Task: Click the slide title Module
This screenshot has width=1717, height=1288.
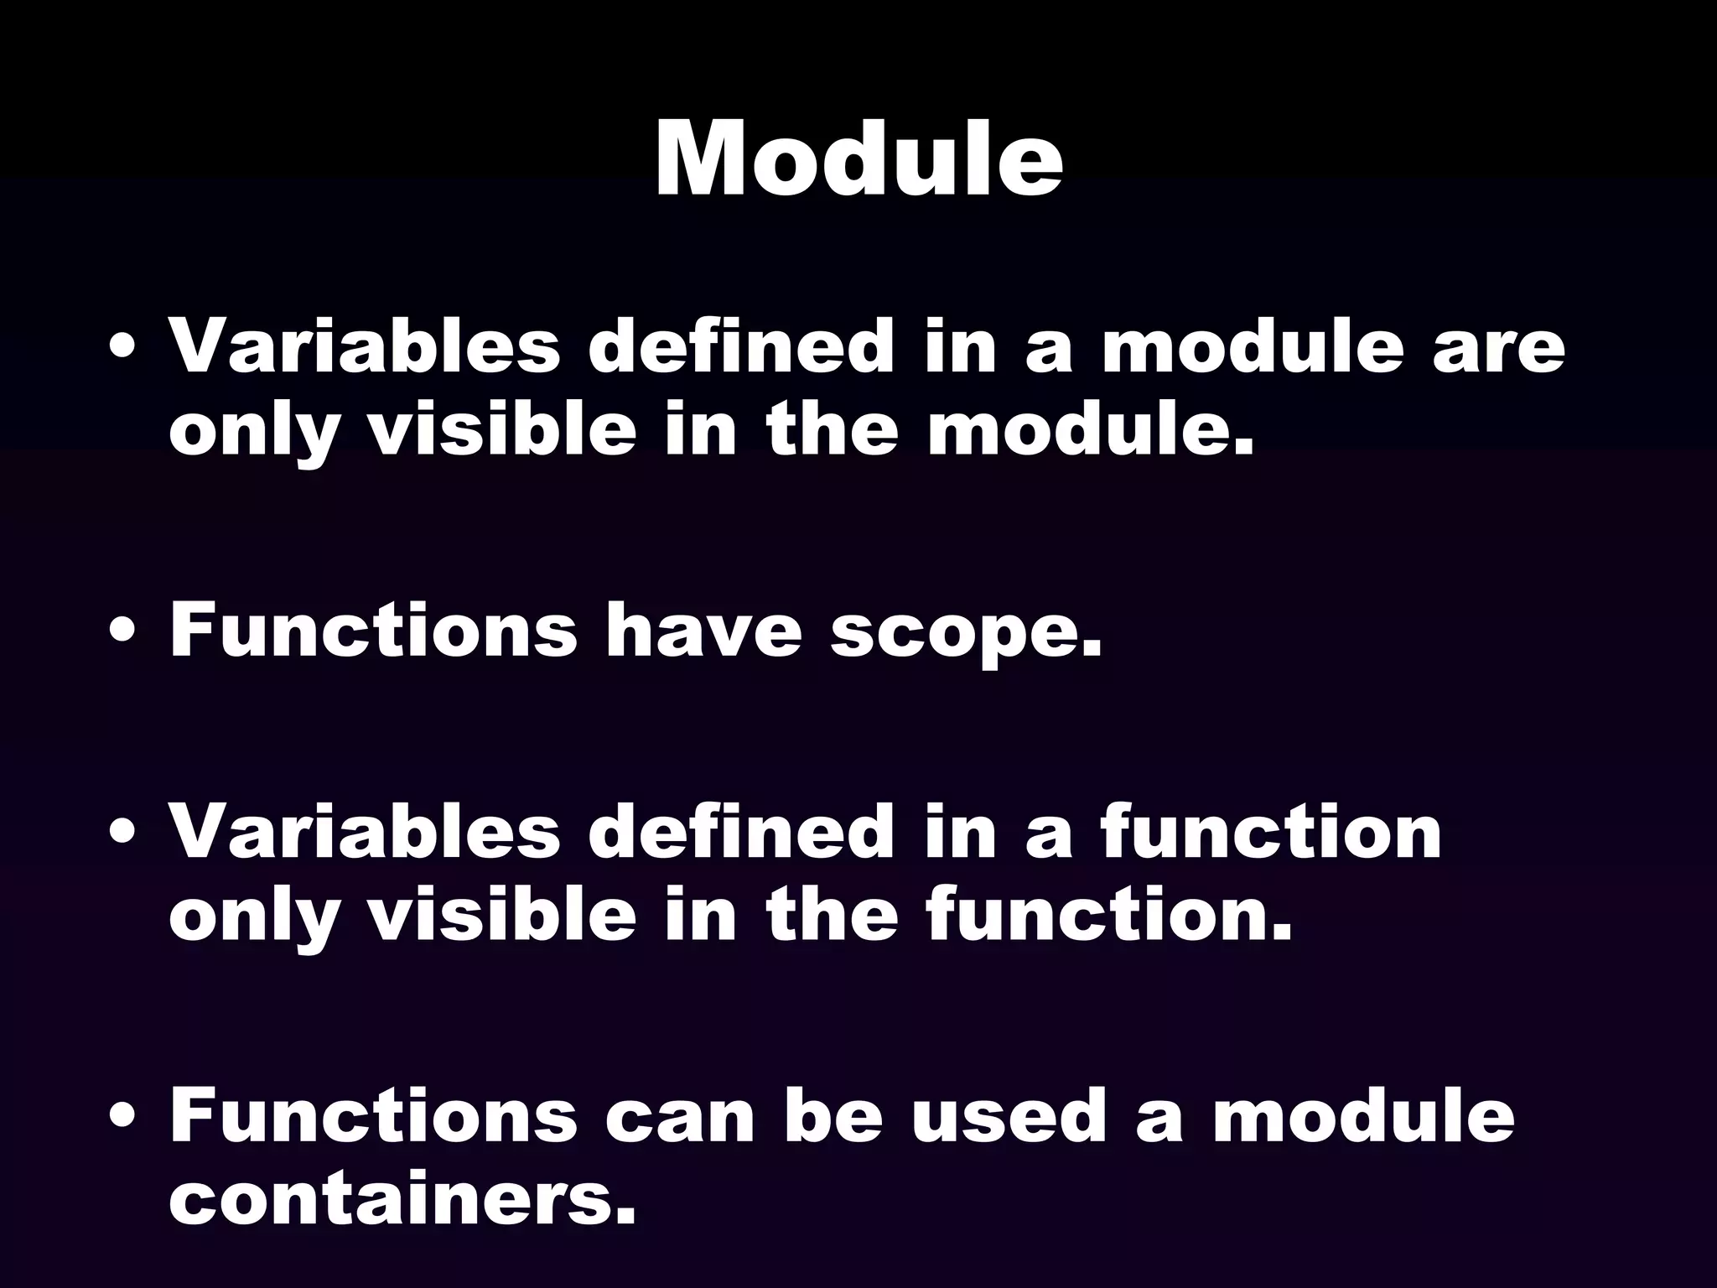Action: point(858,159)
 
